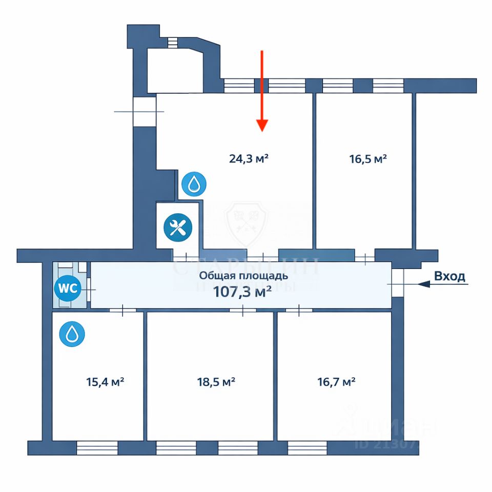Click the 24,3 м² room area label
pyautogui.click(x=249, y=158)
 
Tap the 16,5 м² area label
pyautogui.click(x=368, y=159)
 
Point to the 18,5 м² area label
pyautogui.click(x=216, y=382)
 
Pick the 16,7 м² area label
pyautogui.click(x=337, y=382)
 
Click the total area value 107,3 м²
pyautogui.click(x=242, y=293)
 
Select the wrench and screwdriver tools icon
pyautogui.click(x=177, y=227)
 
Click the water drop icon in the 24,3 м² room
pyautogui.click(x=194, y=184)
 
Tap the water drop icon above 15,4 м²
pyautogui.click(x=72, y=334)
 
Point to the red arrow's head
pyautogui.click(x=262, y=125)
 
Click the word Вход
pyautogui.click(x=449, y=276)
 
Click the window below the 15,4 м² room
pyautogui.click(x=97, y=448)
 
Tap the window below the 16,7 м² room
pyautogui.click(x=307, y=448)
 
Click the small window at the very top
pyautogui.click(x=172, y=42)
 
